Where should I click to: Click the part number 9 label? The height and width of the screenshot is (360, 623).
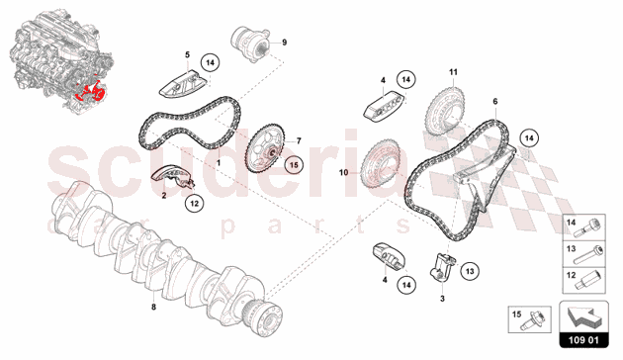coord(284,43)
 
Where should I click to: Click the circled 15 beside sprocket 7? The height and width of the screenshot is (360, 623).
coord(293,166)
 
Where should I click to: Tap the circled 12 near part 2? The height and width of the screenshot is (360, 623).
coord(195,204)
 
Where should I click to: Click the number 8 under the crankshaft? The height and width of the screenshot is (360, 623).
coord(152,307)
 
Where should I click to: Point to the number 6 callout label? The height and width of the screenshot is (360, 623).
coord(494,101)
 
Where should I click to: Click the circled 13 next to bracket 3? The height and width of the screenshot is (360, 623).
coord(469,268)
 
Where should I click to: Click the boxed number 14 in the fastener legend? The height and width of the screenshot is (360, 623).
coord(570,225)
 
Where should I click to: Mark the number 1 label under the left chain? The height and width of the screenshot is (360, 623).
coord(219,159)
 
